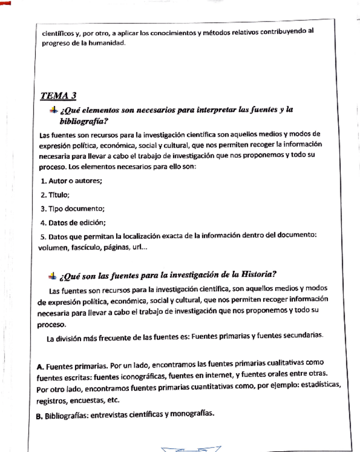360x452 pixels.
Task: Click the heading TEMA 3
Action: click(x=59, y=96)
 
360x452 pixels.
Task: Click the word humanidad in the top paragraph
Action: click(x=106, y=43)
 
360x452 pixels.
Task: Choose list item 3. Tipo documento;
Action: click(x=72, y=209)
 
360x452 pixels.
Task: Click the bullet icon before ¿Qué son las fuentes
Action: click(x=52, y=276)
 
